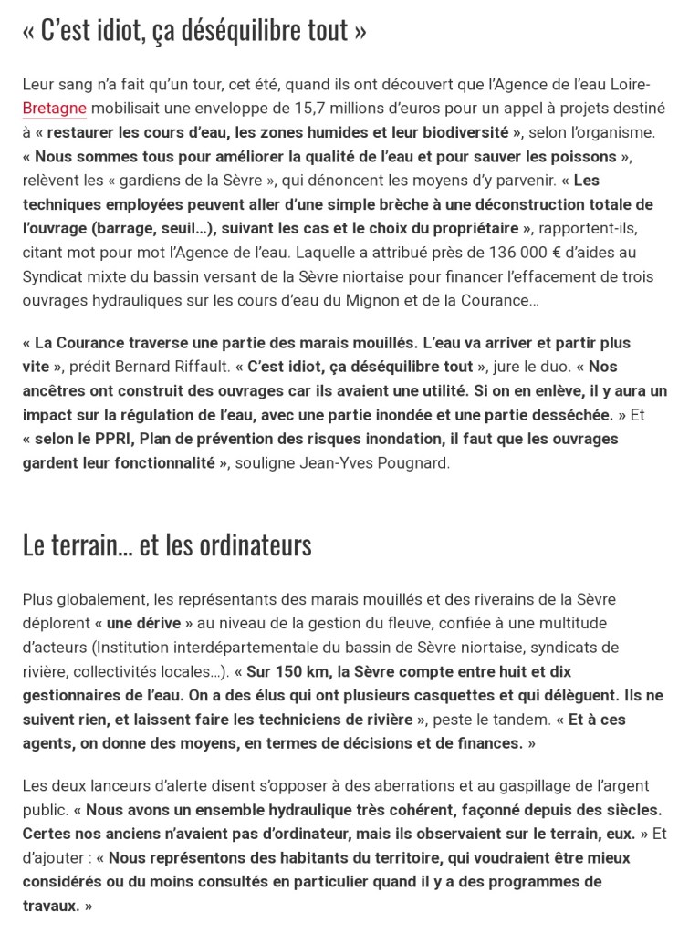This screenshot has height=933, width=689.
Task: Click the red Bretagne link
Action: [x=55, y=109]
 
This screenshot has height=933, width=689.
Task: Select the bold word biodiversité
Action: [x=456, y=132]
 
